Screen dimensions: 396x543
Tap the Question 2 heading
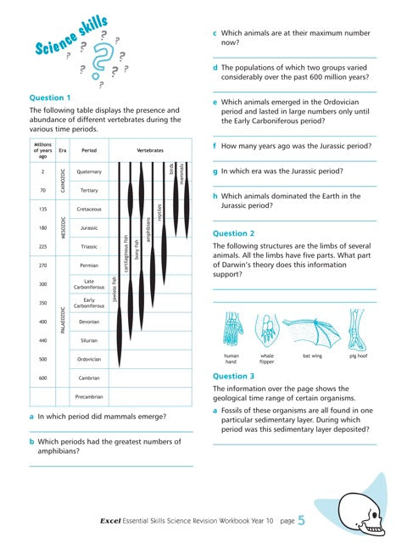tap(233, 232)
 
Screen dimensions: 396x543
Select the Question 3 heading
tap(233, 376)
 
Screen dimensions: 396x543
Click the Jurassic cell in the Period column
tap(88, 228)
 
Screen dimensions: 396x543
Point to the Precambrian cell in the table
tap(88, 396)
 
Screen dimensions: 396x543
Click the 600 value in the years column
tap(42, 378)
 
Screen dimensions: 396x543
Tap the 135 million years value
tap(42, 209)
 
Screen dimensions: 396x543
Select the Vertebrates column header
tap(149, 149)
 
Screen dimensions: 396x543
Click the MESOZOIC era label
tap(63, 227)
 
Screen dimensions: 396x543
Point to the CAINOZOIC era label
tap(63, 180)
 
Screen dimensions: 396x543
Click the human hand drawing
tap(231, 330)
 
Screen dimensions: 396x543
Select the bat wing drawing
tap(311, 330)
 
